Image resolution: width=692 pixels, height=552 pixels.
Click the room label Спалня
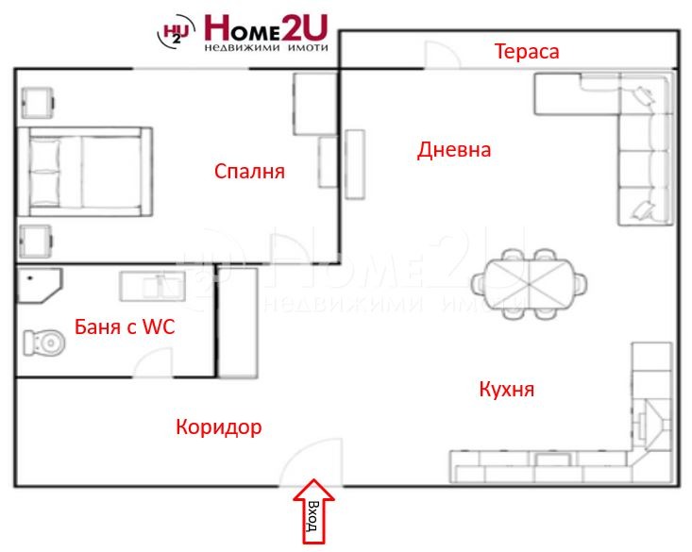pyautogui.click(x=249, y=172)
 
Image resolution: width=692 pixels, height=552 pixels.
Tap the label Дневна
pyautogui.click(x=454, y=150)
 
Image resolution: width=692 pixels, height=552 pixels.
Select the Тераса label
pyautogui.click(x=527, y=51)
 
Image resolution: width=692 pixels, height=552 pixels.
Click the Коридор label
pyautogui.click(x=218, y=427)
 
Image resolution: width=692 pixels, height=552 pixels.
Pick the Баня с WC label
pyautogui.click(x=125, y=328)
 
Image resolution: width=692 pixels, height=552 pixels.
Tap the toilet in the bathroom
pyautogui.click(x=44, y=342)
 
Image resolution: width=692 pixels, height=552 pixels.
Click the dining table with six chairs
pyautogui.click(x=529, y=281)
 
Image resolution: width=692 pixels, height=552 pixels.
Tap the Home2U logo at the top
pyautogui.click(x=243, y=32)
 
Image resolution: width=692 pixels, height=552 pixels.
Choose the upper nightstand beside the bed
pyautogui.click(x=39, y=100)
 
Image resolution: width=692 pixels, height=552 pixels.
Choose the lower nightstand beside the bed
pyautogui.click(x=39, y=241)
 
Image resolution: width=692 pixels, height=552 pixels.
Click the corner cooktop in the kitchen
pyautogui.click(x=651, y=416)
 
